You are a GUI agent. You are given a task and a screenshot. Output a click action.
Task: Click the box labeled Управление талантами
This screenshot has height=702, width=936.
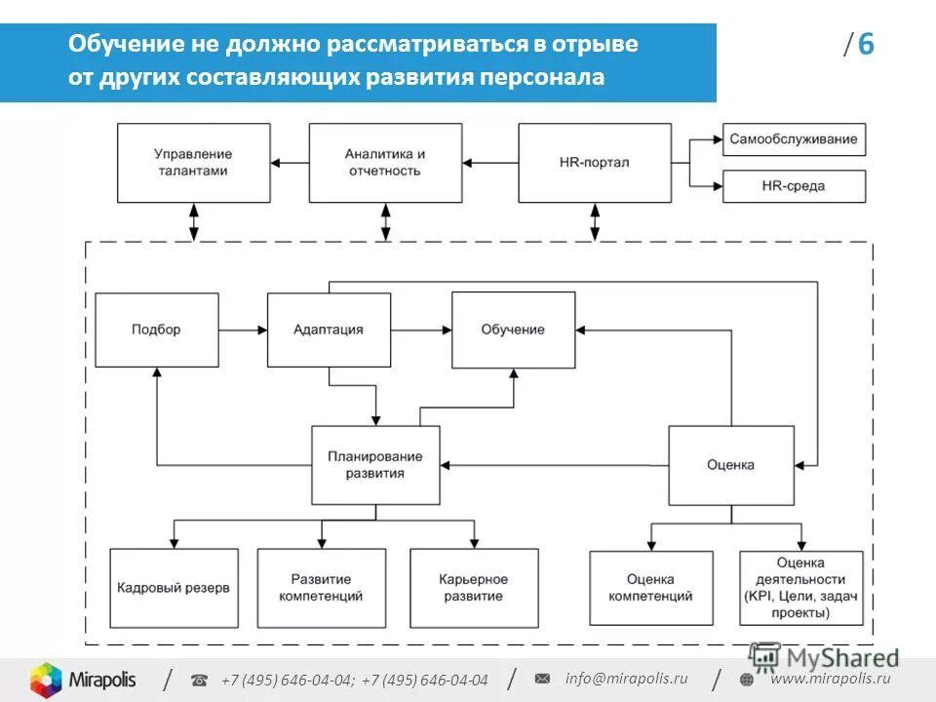click(x=193, y=162)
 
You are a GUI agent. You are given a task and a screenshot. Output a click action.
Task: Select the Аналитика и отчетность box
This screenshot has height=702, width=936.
click(x=385, y=162)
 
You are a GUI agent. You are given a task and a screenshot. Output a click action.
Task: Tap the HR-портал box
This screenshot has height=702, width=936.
click(x=595, y=162)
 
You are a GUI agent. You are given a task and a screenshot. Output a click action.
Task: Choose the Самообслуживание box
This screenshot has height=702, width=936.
click(x=794, y=138)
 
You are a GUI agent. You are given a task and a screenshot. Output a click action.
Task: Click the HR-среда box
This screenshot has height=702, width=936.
click(x=794, y=185)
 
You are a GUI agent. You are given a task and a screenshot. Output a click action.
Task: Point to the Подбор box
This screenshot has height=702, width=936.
click(x=156, y=330)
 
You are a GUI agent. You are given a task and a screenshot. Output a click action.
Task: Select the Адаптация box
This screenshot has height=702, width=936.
click(x=329, y=330)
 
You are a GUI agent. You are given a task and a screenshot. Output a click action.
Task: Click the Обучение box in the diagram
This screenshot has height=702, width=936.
click(x=513, y=330)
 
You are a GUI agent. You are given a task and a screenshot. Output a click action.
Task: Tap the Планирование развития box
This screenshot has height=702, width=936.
click(x=374, y=464)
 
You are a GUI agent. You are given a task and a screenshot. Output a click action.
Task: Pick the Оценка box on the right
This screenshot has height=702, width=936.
click(x=730, y=465)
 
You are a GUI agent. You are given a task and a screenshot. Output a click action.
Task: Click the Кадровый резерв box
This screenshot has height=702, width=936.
click(x=174, y=588)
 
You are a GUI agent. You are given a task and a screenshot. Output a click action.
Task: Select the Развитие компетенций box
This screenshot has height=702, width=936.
click(x=321, y=588)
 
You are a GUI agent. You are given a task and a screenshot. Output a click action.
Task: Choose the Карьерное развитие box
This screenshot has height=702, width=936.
click(x=473, y=588)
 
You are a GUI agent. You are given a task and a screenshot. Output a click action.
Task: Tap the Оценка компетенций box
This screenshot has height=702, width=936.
click(x=650, y=588)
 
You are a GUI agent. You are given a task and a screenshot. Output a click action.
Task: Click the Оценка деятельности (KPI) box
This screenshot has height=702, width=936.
click(x=800, y=588)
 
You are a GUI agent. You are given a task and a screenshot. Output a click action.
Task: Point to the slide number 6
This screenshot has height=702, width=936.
click(x=866, y=46)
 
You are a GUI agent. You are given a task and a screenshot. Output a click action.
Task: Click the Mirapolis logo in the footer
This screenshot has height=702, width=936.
click(x=83, y=680)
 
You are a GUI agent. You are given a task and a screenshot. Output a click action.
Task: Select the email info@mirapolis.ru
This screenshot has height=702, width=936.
click(x=625, y=679)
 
